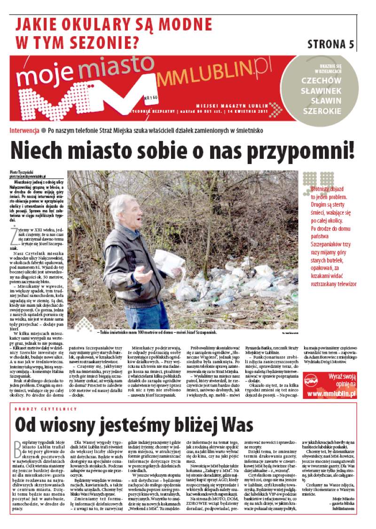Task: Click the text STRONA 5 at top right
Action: click(x=330, y=44)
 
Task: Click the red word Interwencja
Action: click(x=24, y=130)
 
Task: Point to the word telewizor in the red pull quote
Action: click(x=341, y=284)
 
